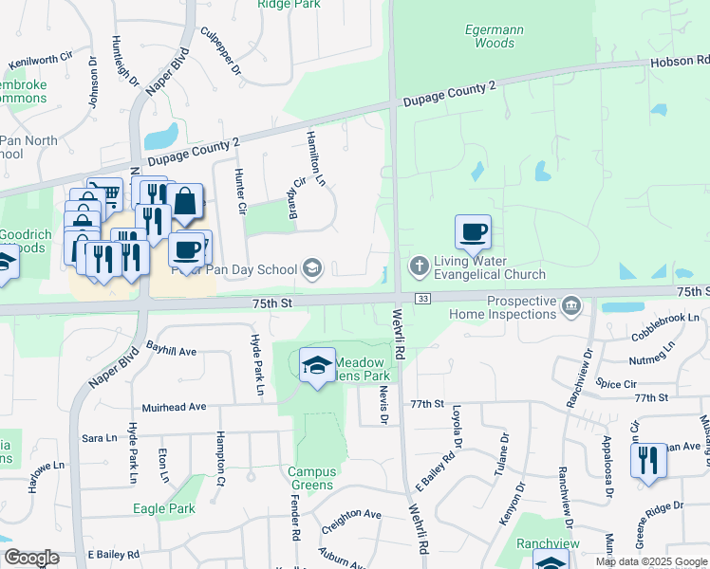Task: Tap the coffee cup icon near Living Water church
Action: click(473, 232)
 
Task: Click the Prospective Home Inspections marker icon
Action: click(570, 304)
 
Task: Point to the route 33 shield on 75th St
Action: click(423, 299)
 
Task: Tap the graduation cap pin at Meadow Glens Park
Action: click(317, 365)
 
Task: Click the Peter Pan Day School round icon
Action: click(312, 270)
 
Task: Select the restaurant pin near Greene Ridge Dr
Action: click(648, 462)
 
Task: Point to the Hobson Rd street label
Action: click(680, 61)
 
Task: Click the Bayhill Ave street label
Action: click(170, 351)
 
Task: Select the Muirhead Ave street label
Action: click(174, 407)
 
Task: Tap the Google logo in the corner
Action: click(30, 558)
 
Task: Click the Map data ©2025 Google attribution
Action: click(650, 561)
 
